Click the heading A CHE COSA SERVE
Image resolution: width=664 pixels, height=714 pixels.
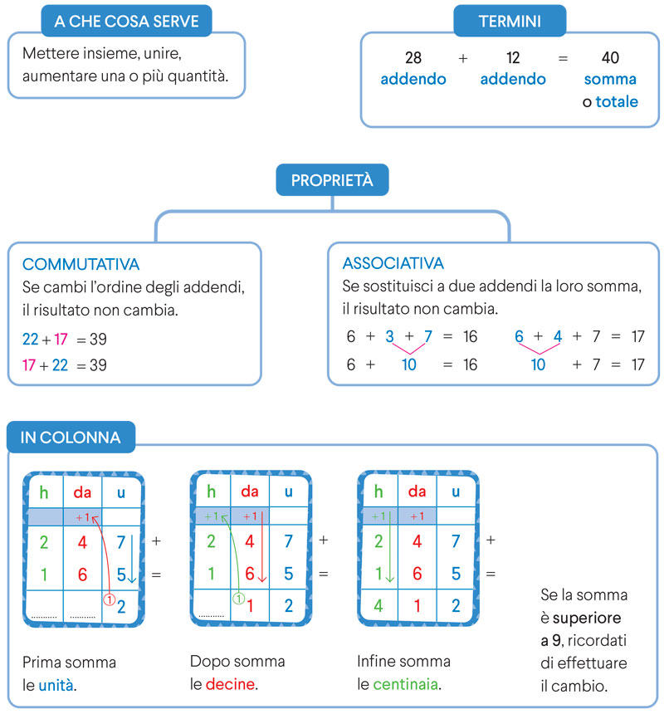126,21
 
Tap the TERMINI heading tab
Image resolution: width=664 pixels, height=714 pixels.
510,21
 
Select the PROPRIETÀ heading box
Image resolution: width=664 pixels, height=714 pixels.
331,180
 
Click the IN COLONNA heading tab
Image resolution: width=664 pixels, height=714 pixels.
71,437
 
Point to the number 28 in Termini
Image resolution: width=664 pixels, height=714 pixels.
413,58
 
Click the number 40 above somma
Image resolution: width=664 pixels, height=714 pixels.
610,58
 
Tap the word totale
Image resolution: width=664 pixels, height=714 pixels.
617,102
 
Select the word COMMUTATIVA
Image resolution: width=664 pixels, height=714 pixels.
81,264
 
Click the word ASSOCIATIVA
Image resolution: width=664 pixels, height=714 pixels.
393,263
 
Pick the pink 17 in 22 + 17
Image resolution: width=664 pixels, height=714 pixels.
61,340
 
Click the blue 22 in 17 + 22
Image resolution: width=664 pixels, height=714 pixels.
60,364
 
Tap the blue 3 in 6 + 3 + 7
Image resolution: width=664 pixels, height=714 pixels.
389,336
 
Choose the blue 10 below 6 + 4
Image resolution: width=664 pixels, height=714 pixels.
538,364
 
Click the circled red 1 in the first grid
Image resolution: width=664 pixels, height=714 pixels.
106,598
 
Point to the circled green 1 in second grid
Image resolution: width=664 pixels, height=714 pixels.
237,598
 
